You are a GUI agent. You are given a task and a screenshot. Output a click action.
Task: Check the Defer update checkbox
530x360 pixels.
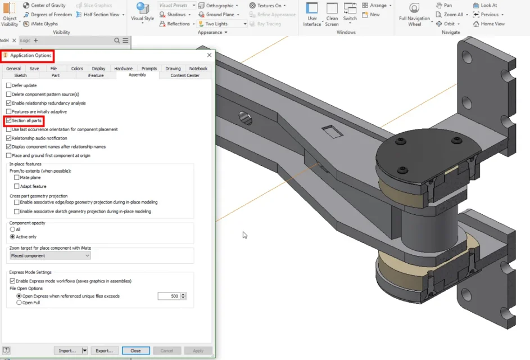[9, 85]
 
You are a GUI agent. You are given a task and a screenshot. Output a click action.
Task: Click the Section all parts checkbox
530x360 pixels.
[9, 120]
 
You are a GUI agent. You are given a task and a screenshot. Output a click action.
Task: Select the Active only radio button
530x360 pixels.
[12, 236]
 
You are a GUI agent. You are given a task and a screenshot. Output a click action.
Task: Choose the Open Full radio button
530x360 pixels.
[19, 303]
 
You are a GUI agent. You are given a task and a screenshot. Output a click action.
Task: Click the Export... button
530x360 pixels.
[104, 350]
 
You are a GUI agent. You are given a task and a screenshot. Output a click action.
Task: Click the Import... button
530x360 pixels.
[67, 350]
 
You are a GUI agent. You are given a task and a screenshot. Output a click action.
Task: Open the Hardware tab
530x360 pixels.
[124, 69]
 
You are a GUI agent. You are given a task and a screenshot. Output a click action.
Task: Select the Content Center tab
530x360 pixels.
[185, 75]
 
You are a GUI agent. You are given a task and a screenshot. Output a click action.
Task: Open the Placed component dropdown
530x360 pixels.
[50, 256]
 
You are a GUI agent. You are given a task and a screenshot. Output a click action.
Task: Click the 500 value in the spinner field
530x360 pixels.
[174, 296]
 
